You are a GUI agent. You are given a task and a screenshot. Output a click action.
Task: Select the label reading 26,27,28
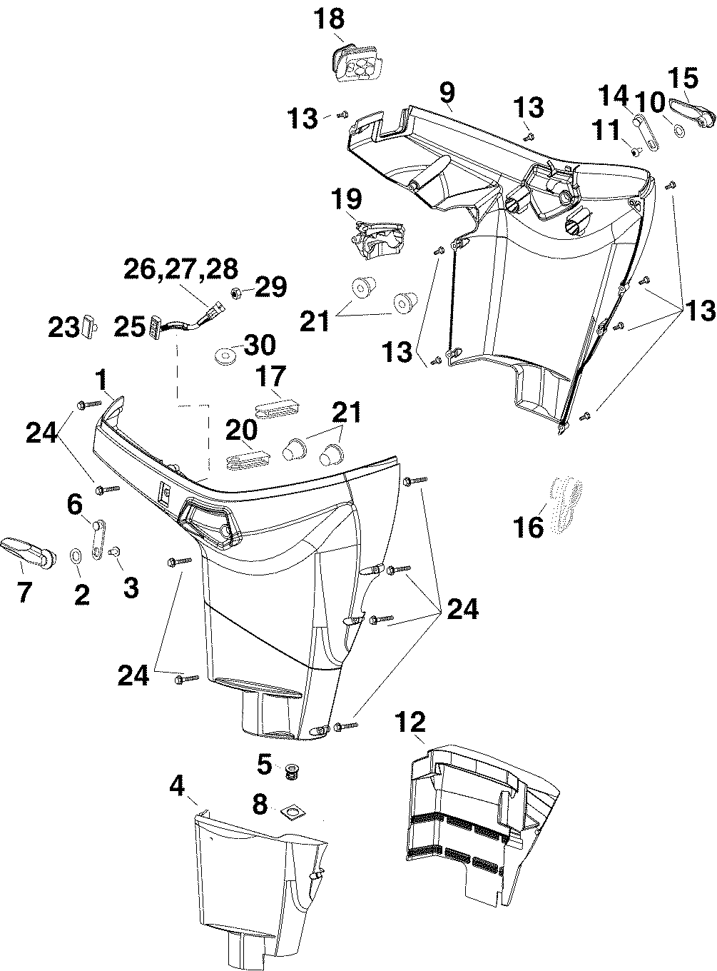(180, 270)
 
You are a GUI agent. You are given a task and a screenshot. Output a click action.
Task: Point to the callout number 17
(270, 376)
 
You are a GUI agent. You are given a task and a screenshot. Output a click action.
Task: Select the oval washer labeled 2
(75, 556)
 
